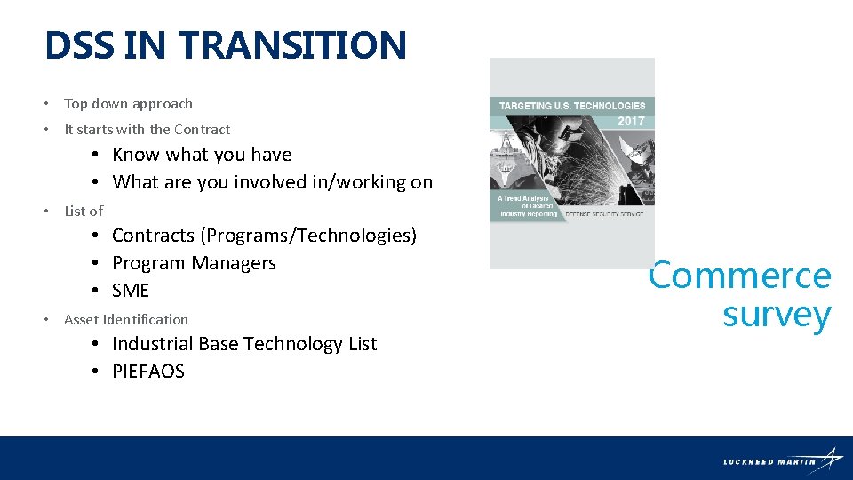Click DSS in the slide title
79,45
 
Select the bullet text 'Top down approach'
128,104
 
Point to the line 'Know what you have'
202,155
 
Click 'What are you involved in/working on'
272,182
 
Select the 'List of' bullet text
84,212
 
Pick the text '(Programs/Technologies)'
308,236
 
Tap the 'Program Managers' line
194,263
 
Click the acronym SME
131,291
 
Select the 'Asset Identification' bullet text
126,320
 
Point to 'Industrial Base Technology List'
244,344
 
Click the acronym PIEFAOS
147,372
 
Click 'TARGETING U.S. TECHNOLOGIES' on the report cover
571,106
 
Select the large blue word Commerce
740,276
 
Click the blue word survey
777,315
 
